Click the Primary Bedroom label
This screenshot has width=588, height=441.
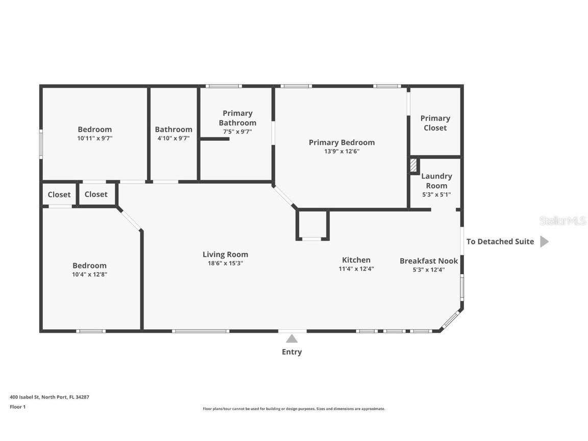341,142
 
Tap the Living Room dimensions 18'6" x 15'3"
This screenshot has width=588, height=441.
225,263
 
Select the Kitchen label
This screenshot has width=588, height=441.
356,260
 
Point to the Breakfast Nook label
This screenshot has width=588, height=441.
428,261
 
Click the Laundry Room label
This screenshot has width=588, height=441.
436,181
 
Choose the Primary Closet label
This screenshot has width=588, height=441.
435,123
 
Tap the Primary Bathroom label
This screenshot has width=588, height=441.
237,118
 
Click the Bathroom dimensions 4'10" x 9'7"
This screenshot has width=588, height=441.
174,138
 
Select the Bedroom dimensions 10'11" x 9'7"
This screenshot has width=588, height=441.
94,138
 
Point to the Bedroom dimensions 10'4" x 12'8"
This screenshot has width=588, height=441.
89,274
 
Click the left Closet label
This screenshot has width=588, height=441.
59,194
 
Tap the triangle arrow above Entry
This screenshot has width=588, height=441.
291,338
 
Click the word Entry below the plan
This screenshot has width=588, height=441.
291,352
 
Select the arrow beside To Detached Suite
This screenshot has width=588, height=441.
544,241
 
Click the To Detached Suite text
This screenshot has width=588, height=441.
500,241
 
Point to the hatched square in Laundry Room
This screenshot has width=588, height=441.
414,166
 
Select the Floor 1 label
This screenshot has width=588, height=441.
17,407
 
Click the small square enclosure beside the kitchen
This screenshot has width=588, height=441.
312,225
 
